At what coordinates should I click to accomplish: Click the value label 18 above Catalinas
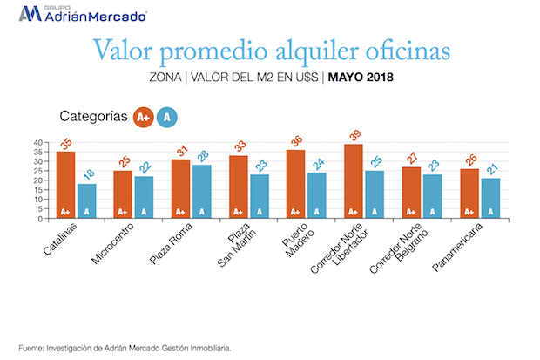(x=87, y=175)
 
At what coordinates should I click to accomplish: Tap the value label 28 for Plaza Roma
(x=201, y=156)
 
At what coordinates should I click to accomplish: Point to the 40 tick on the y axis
(x=37, y=142)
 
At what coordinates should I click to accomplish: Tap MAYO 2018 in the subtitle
(x=361, y=78)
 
